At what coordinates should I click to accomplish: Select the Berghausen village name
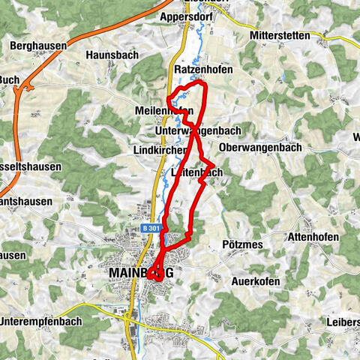[x=38, y=46]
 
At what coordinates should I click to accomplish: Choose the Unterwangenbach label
[x=196, y=130]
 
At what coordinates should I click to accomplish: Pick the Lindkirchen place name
[x=159, y=150]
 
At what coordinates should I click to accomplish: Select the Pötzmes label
[x=241, y=244]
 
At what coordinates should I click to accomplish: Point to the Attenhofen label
[x=313, y=237]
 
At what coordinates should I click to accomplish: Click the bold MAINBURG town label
[x=141, y=273]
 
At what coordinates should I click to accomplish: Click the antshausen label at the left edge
[x=27, y=202]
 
